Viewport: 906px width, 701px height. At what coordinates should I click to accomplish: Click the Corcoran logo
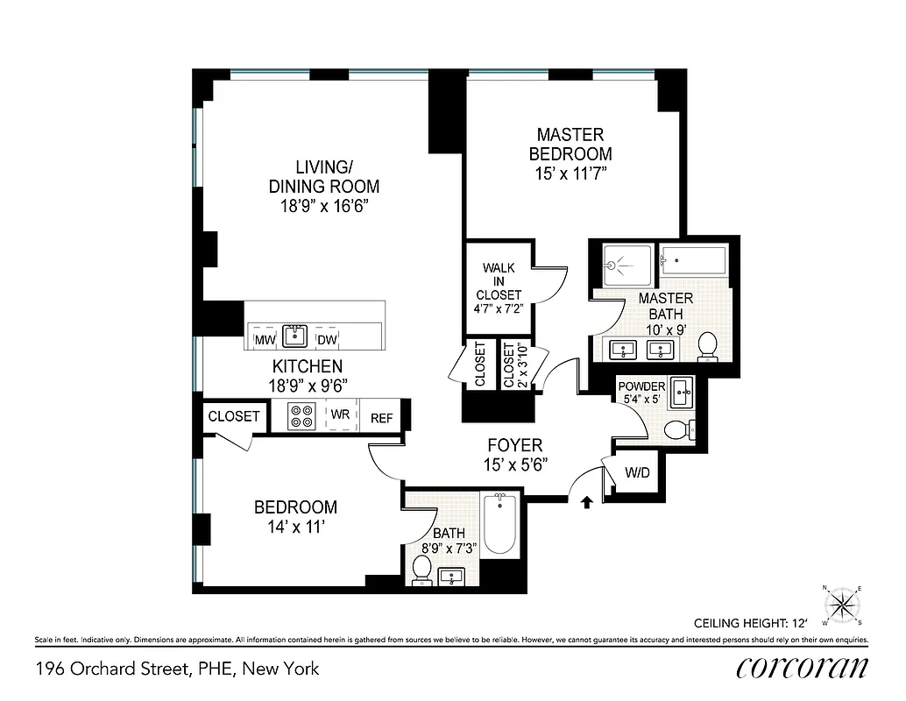point(803,667)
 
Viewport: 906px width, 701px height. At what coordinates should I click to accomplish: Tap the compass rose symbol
point(842,605)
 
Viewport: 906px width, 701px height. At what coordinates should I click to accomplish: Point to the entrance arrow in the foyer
point(586,500)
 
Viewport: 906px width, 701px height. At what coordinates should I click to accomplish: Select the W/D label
point(637,473)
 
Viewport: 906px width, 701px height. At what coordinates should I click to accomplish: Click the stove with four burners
point(302,415)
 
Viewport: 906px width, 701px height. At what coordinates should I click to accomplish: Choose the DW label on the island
point(327,340)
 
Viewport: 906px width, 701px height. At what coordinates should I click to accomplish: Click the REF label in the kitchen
point(381,418)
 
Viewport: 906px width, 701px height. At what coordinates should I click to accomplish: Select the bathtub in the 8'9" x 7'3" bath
point(500,524)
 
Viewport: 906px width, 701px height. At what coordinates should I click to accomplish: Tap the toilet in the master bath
point(707,350)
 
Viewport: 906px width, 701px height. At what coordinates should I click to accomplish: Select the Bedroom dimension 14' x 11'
point(295,528)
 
